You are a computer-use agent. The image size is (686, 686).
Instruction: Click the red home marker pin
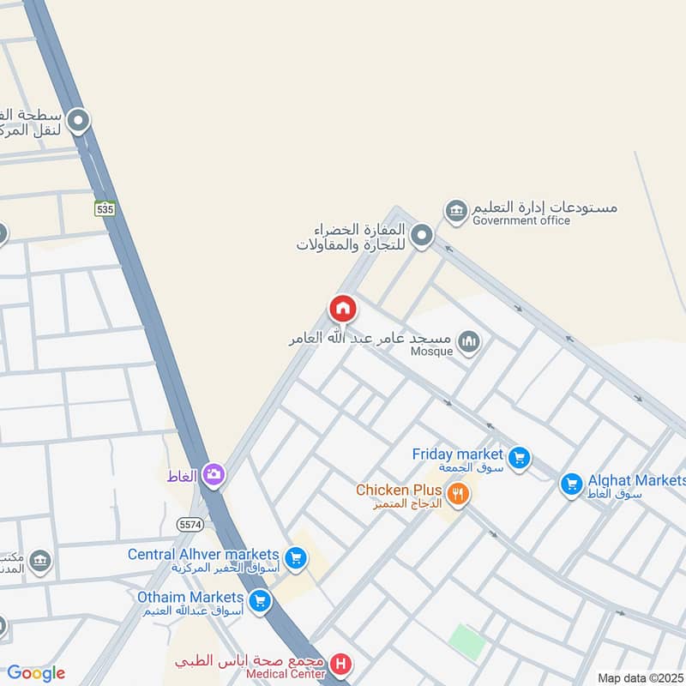pos(343,309)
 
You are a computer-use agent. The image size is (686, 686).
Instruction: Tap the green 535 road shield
pos(105,208)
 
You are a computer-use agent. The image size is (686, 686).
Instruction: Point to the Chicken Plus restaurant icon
pos(458,494)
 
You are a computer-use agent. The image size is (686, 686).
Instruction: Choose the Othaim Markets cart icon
pos(260,601)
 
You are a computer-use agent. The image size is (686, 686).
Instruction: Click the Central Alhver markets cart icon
pos(296,559)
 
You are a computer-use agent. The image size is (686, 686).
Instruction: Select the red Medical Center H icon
pos(341,664)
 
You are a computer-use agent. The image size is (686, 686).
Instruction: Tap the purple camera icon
pos(214,473)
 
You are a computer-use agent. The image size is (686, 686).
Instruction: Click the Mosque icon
pos(468,344)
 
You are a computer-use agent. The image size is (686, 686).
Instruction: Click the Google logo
pos(36,673)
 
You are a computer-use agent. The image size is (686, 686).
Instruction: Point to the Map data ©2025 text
pos(641,678)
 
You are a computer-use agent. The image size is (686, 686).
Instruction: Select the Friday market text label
pos(456,454)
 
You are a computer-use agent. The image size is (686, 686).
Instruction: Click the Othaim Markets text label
pos(190,596)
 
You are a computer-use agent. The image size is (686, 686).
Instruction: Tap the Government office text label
pos(521,220)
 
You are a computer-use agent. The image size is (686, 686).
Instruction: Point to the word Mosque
pos(431,352)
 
